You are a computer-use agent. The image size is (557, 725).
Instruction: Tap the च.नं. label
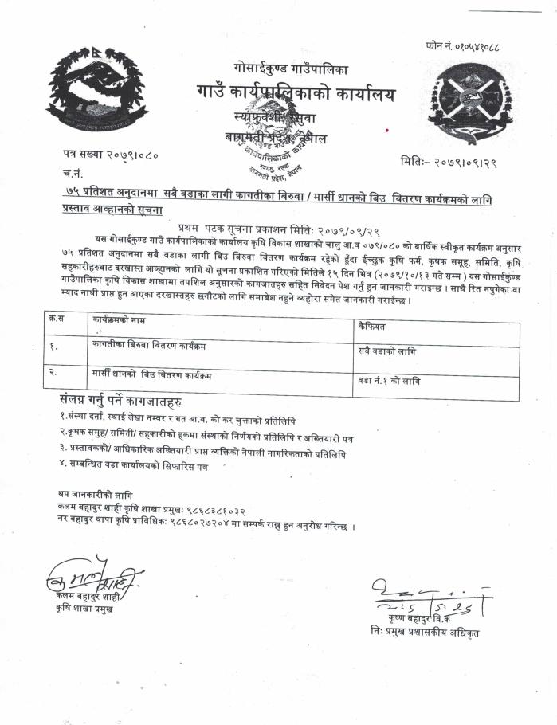pos(70,173)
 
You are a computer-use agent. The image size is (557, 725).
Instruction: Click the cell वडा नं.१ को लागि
pos(390,381)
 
